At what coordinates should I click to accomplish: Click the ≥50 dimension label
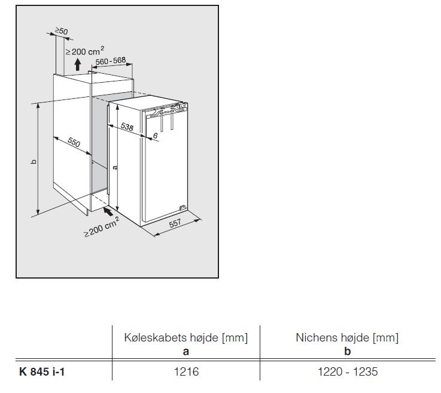(x=61, y=31)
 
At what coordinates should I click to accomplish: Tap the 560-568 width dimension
(x=111, y=61)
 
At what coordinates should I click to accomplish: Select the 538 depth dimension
(x=127, y=126)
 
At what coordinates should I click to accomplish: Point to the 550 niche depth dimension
(x=74, y=142)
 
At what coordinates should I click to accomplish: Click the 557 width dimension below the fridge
(x=175, y=223)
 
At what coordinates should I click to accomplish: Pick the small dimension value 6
(x=155, y=136)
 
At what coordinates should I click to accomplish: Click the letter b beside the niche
(x=34, y=162)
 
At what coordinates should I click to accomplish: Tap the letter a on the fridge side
(x=115, y=167)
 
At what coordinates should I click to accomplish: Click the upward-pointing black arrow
(x=78, y=65)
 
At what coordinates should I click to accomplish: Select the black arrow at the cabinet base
(x=108, y=211)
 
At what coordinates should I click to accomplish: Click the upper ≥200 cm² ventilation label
(x=84, y=52)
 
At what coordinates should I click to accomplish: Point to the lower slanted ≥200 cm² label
(x=102, y=226)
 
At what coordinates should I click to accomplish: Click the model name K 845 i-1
(x=42, y=372)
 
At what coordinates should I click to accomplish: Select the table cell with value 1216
(x=186, y=371)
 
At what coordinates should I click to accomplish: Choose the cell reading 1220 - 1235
(x=348, y=371)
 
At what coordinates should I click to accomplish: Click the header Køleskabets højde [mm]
(x=186, y=337)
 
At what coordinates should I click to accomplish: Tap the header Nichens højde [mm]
(x=347, y=337)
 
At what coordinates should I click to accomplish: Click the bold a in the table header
(x=186, y=352)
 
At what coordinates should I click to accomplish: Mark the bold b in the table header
(x=348, y=351)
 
